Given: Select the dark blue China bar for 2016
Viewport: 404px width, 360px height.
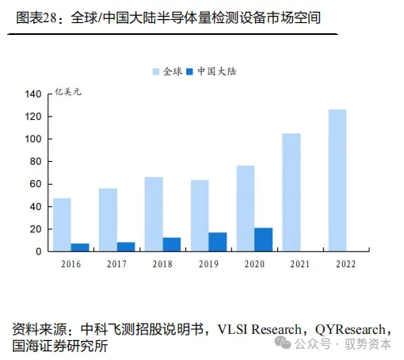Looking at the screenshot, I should coord(80,247).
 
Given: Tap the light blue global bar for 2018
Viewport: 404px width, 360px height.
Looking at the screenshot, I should coord(154,214).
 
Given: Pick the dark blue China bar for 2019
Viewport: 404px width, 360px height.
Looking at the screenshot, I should coord(218,242).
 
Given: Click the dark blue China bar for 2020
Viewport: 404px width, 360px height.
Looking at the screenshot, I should coord(264,239).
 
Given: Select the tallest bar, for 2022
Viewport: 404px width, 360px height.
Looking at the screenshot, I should coord(337,180).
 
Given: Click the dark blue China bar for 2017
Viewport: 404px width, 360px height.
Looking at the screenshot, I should coord(126,247).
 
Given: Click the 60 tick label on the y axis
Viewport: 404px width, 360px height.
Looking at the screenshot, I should coord(35,184).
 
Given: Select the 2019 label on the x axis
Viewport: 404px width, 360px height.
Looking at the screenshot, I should coord(208,264).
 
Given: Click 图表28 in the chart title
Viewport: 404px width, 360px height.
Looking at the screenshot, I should coord(40,17).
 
